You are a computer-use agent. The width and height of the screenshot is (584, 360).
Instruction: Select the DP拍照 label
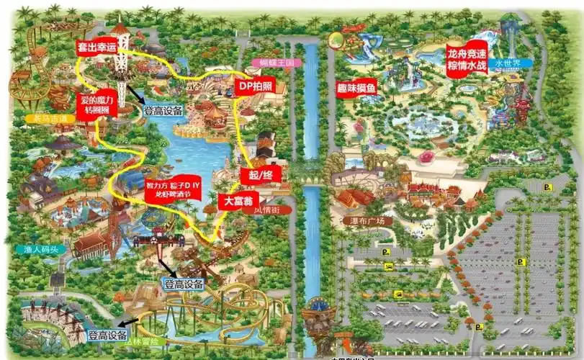coord(254,86)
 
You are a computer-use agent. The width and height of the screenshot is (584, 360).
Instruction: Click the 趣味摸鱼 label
coord(356,88)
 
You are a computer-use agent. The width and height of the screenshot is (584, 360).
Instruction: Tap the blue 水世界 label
coord(509,63)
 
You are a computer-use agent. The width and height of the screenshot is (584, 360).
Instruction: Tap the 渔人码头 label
coord(40,250)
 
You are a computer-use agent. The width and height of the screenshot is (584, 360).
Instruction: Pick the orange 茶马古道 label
coord(40,118)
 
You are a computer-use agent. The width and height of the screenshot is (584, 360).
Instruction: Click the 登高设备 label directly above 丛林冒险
coord(183,284)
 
